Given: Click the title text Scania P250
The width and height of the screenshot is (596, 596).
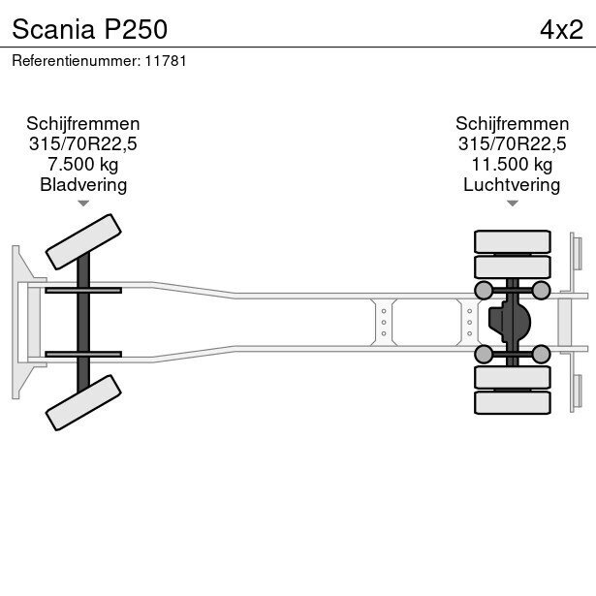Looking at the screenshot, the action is pyautogui.click(x=90, y=29).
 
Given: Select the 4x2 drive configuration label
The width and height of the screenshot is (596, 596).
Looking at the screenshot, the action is pyautogui.click(x=561, y=30).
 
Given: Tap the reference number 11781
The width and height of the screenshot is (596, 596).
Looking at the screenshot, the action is pyautogui.click(x=166, y=61).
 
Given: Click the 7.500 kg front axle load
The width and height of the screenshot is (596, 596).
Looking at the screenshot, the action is pyautogui.click(x=83, y=164).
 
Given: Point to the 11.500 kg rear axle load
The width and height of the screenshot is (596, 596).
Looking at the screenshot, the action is pyautogui.click(x=512, y=164).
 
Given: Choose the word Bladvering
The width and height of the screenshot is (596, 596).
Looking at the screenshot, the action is pyautogui.click(x=83, y=185).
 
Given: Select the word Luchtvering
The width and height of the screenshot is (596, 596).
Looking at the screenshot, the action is pyautogui.click(x=512, y=185).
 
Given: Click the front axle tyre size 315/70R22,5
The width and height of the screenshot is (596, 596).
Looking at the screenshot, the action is pyautogui.click(x=83, y=143).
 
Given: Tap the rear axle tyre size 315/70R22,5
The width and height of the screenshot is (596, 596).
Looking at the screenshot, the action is pyautogui.click(x=512, y=143).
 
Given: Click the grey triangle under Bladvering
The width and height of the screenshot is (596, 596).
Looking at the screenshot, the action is pyautogui.click(x=83, y=204).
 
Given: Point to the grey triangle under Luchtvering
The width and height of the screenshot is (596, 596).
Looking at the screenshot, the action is pyautogui.click(x=513, y=204).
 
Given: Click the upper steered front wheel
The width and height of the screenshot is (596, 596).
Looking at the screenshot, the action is pyautogui.click(x=83, y=241).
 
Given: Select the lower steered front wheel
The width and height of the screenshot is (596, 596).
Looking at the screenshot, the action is pyautogui.click(x=83, y=402).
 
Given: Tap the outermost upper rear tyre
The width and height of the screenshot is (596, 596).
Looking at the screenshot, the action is pyautogui.click(x=513, y=241).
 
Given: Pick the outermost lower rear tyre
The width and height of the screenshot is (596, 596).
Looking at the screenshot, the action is pyautogui.click(x=513, y=402).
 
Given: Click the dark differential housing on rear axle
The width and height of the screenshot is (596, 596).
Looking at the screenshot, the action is pyautogui.click(x=509, y=322).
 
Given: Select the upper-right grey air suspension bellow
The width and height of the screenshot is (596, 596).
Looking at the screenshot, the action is pyautogui.click(x=541, y=291).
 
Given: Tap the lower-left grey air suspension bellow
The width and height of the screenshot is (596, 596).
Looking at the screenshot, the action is pyautogui.click(x=484, y=355).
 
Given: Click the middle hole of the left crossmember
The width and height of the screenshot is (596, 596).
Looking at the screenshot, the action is pyautogui.click(x=384, y=323).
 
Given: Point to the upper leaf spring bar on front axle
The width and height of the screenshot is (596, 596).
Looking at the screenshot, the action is pyautogui.click(x=83, y=291).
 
